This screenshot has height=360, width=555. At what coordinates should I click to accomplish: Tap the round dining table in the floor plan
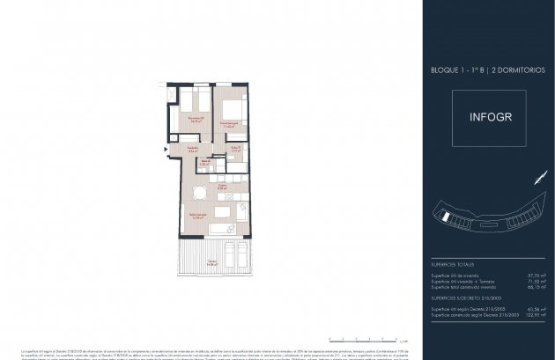(x=200, y=192)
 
